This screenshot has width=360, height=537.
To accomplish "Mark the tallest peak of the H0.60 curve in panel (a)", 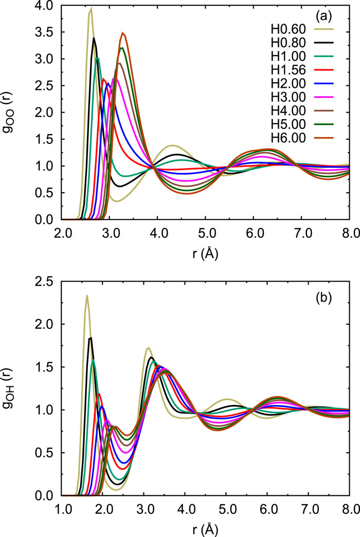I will point(91,8).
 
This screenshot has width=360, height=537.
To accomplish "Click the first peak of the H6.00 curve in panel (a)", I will point(122,33).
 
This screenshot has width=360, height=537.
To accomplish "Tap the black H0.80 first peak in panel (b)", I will point(91,338).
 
